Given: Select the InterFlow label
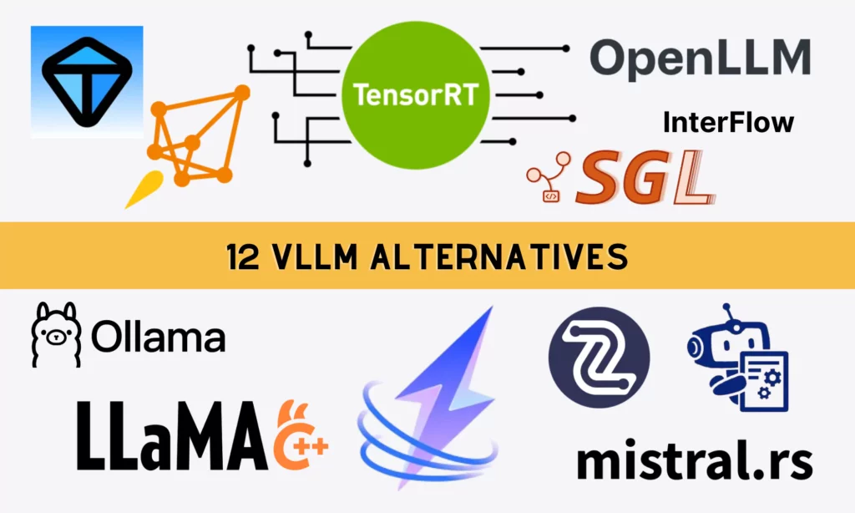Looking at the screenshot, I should click(727, 123).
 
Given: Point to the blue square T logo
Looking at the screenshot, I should click(87, 81).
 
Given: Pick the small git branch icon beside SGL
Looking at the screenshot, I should click(550, 180).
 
